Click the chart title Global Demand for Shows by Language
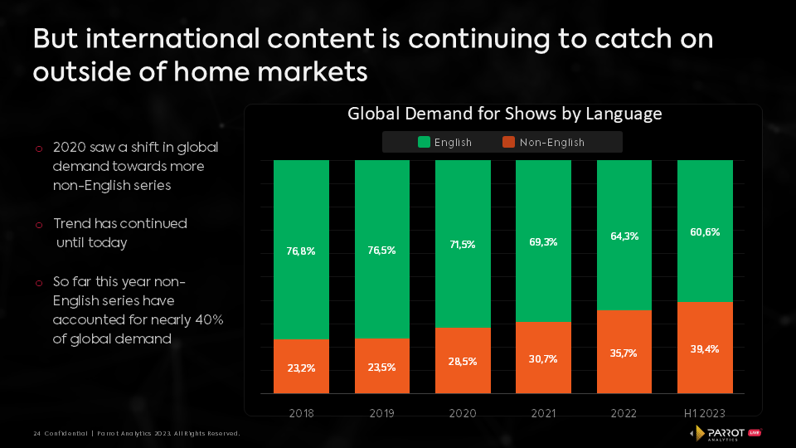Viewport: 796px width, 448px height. (504, 114)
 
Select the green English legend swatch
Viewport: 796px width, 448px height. (424, 142)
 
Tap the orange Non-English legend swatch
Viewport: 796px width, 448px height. (509, 142)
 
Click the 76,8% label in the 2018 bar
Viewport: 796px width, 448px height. (301, 251)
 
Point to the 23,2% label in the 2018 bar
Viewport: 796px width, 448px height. (301, 367)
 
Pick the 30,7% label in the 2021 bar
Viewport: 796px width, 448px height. (543, 358)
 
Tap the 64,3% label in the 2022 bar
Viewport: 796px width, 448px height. (624, 236)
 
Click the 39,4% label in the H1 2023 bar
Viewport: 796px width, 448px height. (705, 348)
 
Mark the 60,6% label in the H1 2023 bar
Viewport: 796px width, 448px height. (705, 232)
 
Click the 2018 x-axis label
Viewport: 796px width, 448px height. (301, 413)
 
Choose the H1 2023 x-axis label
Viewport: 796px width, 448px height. (705, 413)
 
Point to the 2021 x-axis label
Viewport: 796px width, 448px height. (543, 413)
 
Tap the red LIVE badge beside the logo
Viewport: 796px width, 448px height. (755, 432)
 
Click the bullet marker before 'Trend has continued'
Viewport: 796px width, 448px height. (39, 225)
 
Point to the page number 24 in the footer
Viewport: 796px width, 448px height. (36, 434)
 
